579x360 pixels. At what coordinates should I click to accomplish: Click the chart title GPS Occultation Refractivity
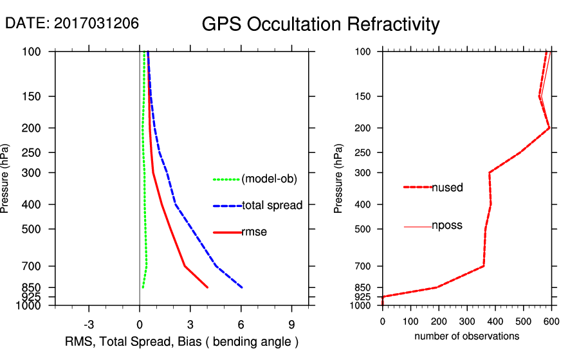click(320, 24)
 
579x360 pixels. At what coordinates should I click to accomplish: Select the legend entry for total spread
click(272, 206)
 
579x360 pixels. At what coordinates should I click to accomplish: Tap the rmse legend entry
click(254, 232)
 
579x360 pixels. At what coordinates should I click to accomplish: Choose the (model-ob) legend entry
click(269, 179)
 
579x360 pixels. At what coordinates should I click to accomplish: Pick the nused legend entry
click(447, 188)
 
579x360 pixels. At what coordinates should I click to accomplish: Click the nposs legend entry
click(447, 226)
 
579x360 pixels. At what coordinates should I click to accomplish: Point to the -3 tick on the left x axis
click(89, 323)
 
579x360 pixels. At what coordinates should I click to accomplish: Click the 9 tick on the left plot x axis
click(292, 323)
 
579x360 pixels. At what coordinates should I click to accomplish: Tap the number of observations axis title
click(466, 336)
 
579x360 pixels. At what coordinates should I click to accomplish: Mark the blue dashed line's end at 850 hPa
click(242, 287)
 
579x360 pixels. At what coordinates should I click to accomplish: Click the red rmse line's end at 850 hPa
click(207, 287)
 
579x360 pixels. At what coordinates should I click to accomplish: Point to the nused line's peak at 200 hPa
click(549, 128)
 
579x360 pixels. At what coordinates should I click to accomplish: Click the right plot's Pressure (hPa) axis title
click(338, 178)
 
